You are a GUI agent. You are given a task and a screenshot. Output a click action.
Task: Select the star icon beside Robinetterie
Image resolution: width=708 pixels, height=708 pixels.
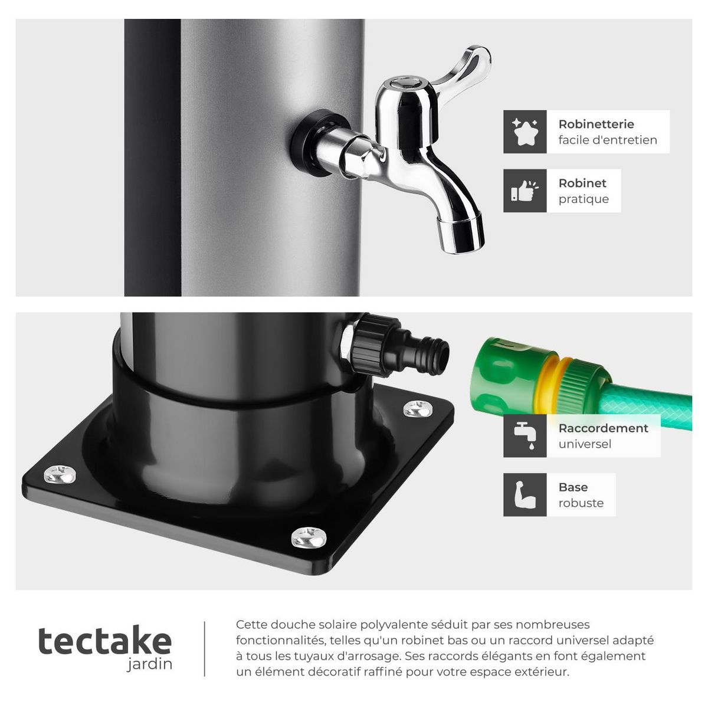point(525,132)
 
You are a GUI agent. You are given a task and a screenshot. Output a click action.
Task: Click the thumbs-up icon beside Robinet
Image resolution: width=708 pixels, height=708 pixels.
point(525,191)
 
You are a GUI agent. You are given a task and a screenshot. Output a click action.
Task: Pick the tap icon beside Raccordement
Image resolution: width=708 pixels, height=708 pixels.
point(525,435)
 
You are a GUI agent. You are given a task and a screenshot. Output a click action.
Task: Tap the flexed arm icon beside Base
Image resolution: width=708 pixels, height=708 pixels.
point(525,494)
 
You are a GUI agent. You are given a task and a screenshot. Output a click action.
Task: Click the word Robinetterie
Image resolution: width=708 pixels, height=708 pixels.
point(596,124)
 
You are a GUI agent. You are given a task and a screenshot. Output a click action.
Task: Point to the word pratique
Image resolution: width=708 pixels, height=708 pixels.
point(584,199)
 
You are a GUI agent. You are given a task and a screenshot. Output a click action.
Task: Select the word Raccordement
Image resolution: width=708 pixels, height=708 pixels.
point(603,428)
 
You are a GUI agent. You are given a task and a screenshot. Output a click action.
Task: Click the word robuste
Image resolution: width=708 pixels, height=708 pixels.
point(581,503)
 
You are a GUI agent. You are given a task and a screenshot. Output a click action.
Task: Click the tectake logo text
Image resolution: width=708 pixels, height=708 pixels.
point(105,641)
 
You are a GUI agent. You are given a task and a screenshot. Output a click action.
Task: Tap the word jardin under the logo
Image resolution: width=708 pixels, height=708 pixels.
point(150,664)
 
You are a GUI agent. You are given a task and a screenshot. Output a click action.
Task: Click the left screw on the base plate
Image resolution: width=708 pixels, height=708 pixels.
point(60,473)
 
